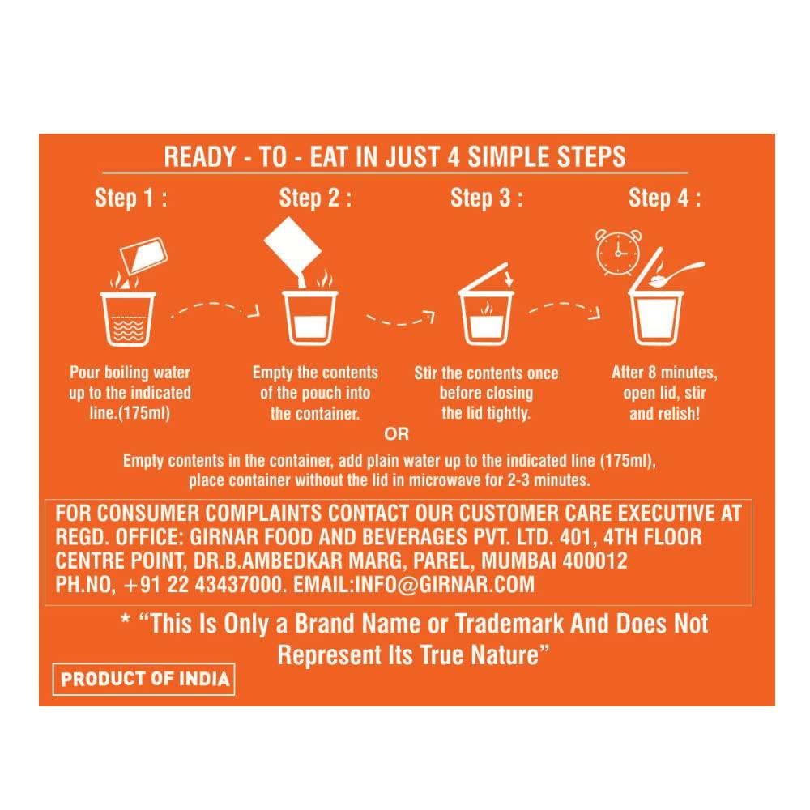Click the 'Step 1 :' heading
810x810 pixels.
pos(131,198)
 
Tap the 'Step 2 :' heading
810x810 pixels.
pos(315,198)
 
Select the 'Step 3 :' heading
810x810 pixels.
pos(487,198)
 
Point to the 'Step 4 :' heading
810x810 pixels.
pos(665,198)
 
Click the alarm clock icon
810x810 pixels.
pos(618,253)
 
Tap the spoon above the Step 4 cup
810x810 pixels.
pos(677,274)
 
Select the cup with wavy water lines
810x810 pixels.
pos(128,318)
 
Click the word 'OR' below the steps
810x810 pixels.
pos(397,434)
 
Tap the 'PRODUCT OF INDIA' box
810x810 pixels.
pos(144,679)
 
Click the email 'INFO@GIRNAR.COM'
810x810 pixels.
pos(445,585)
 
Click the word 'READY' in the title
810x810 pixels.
pos(200,157)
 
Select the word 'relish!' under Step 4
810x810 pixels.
pos(675,414)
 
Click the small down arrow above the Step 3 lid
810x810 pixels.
pos(509,277)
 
